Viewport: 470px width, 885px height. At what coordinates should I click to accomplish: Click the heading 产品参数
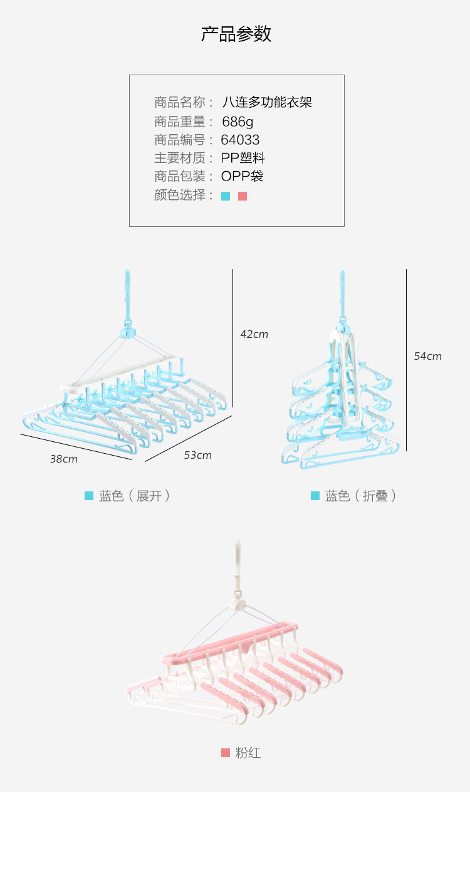tap(236, 34)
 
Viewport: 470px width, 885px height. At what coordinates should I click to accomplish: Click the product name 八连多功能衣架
tap(267, 102)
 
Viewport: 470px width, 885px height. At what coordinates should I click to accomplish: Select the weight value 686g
tap(238, 121)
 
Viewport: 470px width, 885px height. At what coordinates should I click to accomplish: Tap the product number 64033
tap(240, 140)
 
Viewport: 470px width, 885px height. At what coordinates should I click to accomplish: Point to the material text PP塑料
tap(243, 158)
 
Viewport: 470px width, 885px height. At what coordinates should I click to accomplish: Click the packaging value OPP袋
tap(242, 176)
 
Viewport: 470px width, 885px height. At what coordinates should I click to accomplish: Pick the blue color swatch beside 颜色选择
tap(226, 196)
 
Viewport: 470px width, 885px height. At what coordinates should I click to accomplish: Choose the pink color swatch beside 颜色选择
tap(243, 196)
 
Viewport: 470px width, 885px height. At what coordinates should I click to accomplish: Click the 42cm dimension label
tap(254, 335)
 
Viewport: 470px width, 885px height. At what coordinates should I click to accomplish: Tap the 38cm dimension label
tap(64, 459)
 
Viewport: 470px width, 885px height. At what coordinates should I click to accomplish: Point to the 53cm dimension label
tap(197, 456)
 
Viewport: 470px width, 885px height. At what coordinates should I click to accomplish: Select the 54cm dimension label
tap(427, 357)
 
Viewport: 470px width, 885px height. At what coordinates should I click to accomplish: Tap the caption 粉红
tap(248, 753)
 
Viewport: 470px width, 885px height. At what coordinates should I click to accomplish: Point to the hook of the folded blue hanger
tap(342, 291)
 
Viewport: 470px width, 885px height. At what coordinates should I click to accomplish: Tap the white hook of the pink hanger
tap(237, 564)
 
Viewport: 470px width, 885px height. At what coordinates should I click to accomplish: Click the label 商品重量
tap(180, 121)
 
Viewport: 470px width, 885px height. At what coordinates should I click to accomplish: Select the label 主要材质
tap(180, 158)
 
